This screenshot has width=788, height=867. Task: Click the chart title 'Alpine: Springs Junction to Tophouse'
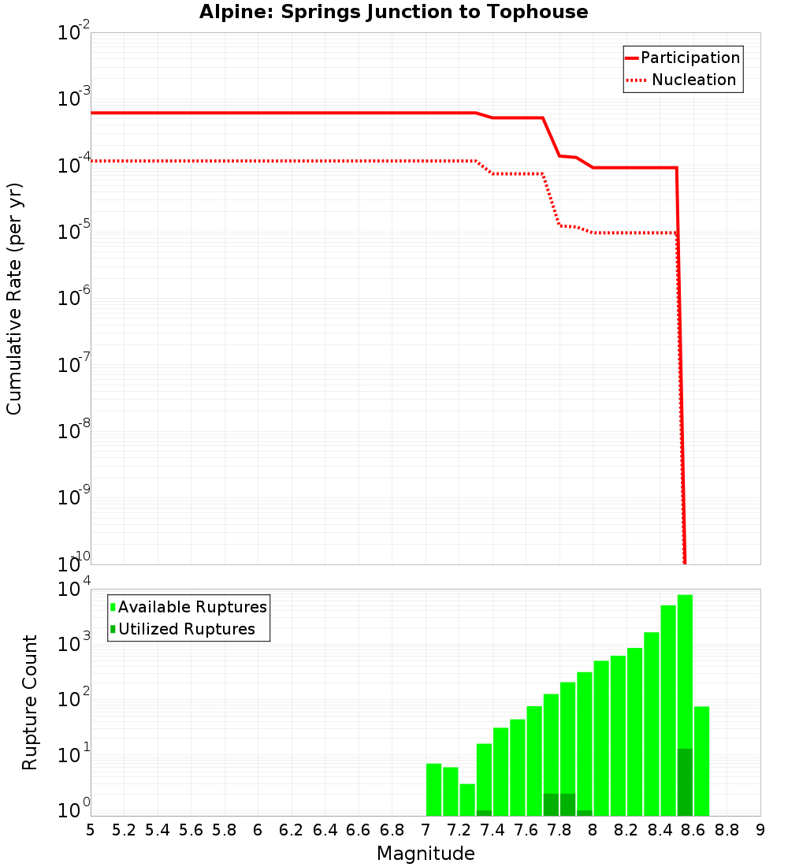coord(393,12)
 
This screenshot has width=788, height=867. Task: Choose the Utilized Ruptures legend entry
coord(186,629)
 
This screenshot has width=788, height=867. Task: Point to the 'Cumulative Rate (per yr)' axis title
coord(14,299)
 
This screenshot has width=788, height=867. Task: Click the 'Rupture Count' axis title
coord(30,702)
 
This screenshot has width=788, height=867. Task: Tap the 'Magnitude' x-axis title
coord(426,854)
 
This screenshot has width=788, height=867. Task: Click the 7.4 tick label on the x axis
coord(492,830)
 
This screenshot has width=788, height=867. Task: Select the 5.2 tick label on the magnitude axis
coord(125,830)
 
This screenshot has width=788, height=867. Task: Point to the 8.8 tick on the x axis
coord(727,830)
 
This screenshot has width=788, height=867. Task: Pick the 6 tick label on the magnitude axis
coord(258,830)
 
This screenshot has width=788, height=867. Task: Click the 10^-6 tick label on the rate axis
coord(74,297)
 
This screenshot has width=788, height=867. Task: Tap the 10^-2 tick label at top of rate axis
coord(74,32)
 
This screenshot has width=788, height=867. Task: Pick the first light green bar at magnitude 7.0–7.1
coord(433,789)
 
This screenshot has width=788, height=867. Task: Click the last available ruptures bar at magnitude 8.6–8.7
coord(701,761)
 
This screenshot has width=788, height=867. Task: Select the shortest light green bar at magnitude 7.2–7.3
coord(467,799)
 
